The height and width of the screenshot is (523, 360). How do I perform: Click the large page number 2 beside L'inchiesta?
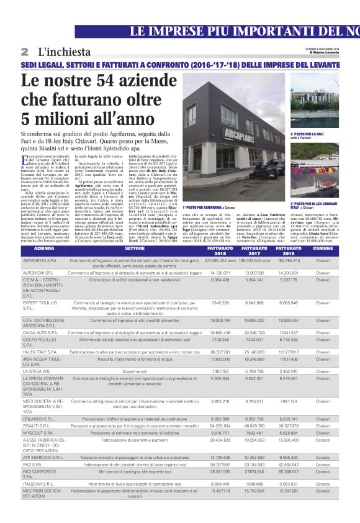pyautogui.click(x=24, y=50)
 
